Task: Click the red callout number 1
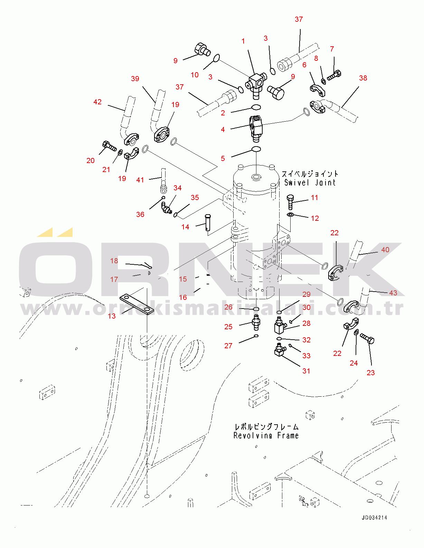click(x=243, y=41)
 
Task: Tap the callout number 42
click(x=97, y=102)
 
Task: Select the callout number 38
click(x=363, y=78)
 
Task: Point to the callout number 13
click(x=112, y=316)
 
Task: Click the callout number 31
click(x=306, y=371)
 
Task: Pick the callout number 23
click(x=371, y=372)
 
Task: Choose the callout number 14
click(x=185, y=227)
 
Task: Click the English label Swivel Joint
click(x=310, y=182)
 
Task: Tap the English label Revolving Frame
click(x=266, y=435)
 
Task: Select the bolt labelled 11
click(x=290, y=202)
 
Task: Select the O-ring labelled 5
click(x=256, y=150)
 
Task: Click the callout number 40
click(x=385, y=249)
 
